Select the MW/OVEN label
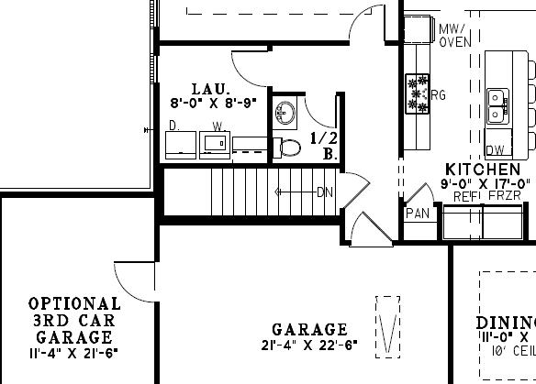pyautogui.click(x=455, y=35)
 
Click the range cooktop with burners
pyautogui.click(x=418, y=94)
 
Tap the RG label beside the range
pyautogui.click(x=439, y=94)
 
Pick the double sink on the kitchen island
pyautogui.click(x=497, y=104)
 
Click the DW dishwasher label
pyautogui.click(x=497, y=149)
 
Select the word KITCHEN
pyautogui.click(x=484, y=170)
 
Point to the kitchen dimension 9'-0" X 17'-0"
pyautogui.click(x=486, y=183)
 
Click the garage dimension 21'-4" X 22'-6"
pyautogui.click(x=310, y=346)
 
